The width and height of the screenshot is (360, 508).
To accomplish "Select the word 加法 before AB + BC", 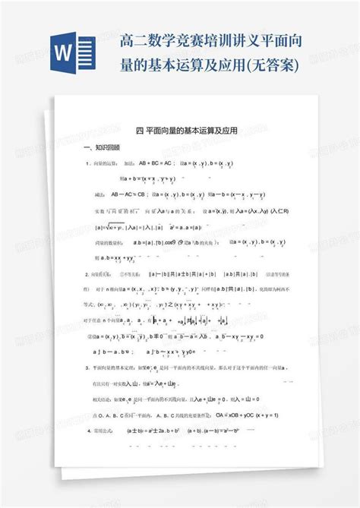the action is (x=128, y=163).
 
